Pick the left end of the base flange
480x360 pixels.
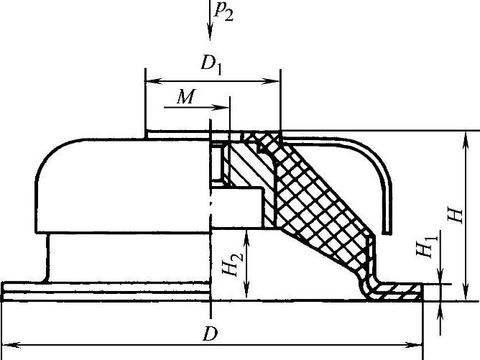(x=4, y=290)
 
